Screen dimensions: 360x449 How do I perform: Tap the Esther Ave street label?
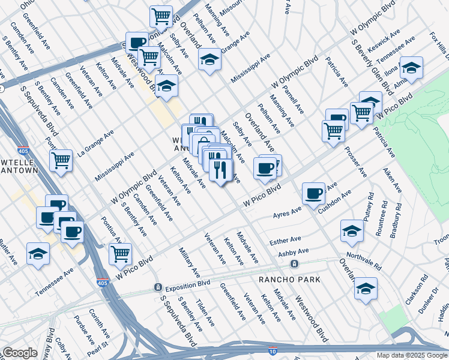[285, 240]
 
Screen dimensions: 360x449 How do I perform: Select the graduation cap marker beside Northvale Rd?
[352, 231]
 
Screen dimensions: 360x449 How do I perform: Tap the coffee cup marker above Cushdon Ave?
[313, 194]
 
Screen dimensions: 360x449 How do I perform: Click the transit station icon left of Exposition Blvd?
[157, 287]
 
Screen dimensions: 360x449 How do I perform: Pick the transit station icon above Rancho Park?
[294, 264]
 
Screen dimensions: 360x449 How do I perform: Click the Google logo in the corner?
[20, 353]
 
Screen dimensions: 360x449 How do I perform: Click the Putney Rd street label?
[368, 205]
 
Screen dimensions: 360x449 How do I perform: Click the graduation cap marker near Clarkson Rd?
[366, 289]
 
